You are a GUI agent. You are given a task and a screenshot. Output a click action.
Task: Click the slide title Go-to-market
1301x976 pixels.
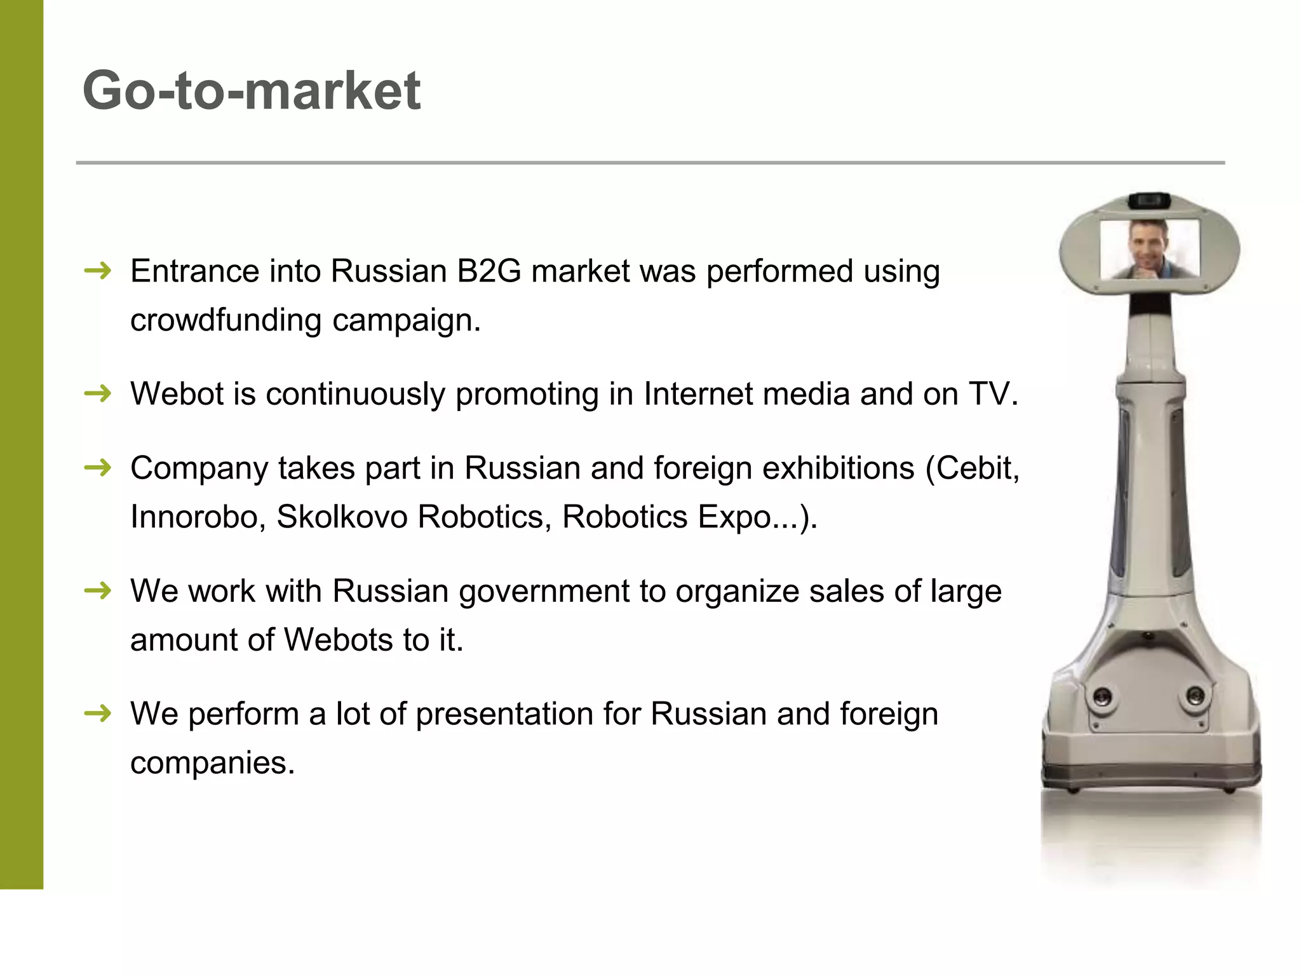(252, 91)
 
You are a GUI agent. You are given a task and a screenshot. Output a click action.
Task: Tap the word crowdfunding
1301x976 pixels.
(226, 320)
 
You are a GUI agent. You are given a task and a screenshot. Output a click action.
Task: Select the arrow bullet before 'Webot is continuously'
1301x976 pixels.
(98, 395)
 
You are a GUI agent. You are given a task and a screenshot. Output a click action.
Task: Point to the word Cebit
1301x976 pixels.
(976, 468)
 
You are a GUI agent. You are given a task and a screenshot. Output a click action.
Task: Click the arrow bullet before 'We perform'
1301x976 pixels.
(98, 714)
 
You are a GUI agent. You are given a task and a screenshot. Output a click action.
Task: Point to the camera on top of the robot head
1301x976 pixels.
(1149, 201)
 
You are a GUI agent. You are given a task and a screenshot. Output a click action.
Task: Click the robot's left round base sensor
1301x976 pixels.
(1103, 699)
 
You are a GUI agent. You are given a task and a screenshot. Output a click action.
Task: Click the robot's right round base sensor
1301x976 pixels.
(1195, 696)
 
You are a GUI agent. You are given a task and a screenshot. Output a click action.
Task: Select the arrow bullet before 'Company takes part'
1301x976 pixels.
(98, 469)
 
